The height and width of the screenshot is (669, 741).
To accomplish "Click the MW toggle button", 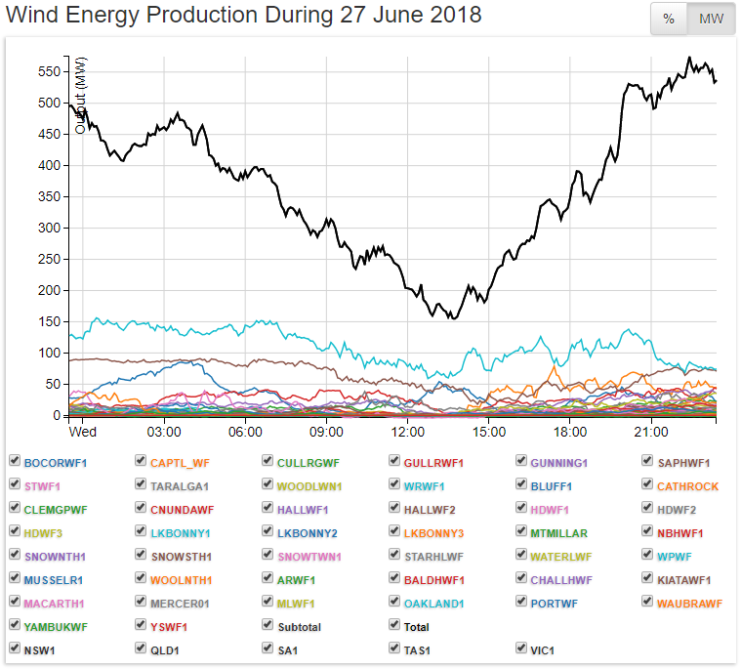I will (x=711, y=20).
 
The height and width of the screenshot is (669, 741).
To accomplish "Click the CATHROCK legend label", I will (x=687, y=486).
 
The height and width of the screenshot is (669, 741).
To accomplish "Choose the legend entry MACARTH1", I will (x=54, y=604).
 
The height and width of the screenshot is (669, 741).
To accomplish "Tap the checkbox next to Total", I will (x=394, y=626).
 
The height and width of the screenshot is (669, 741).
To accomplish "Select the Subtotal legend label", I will (x=299, y=627).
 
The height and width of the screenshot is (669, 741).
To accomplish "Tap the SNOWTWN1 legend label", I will (x=311, y=557).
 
